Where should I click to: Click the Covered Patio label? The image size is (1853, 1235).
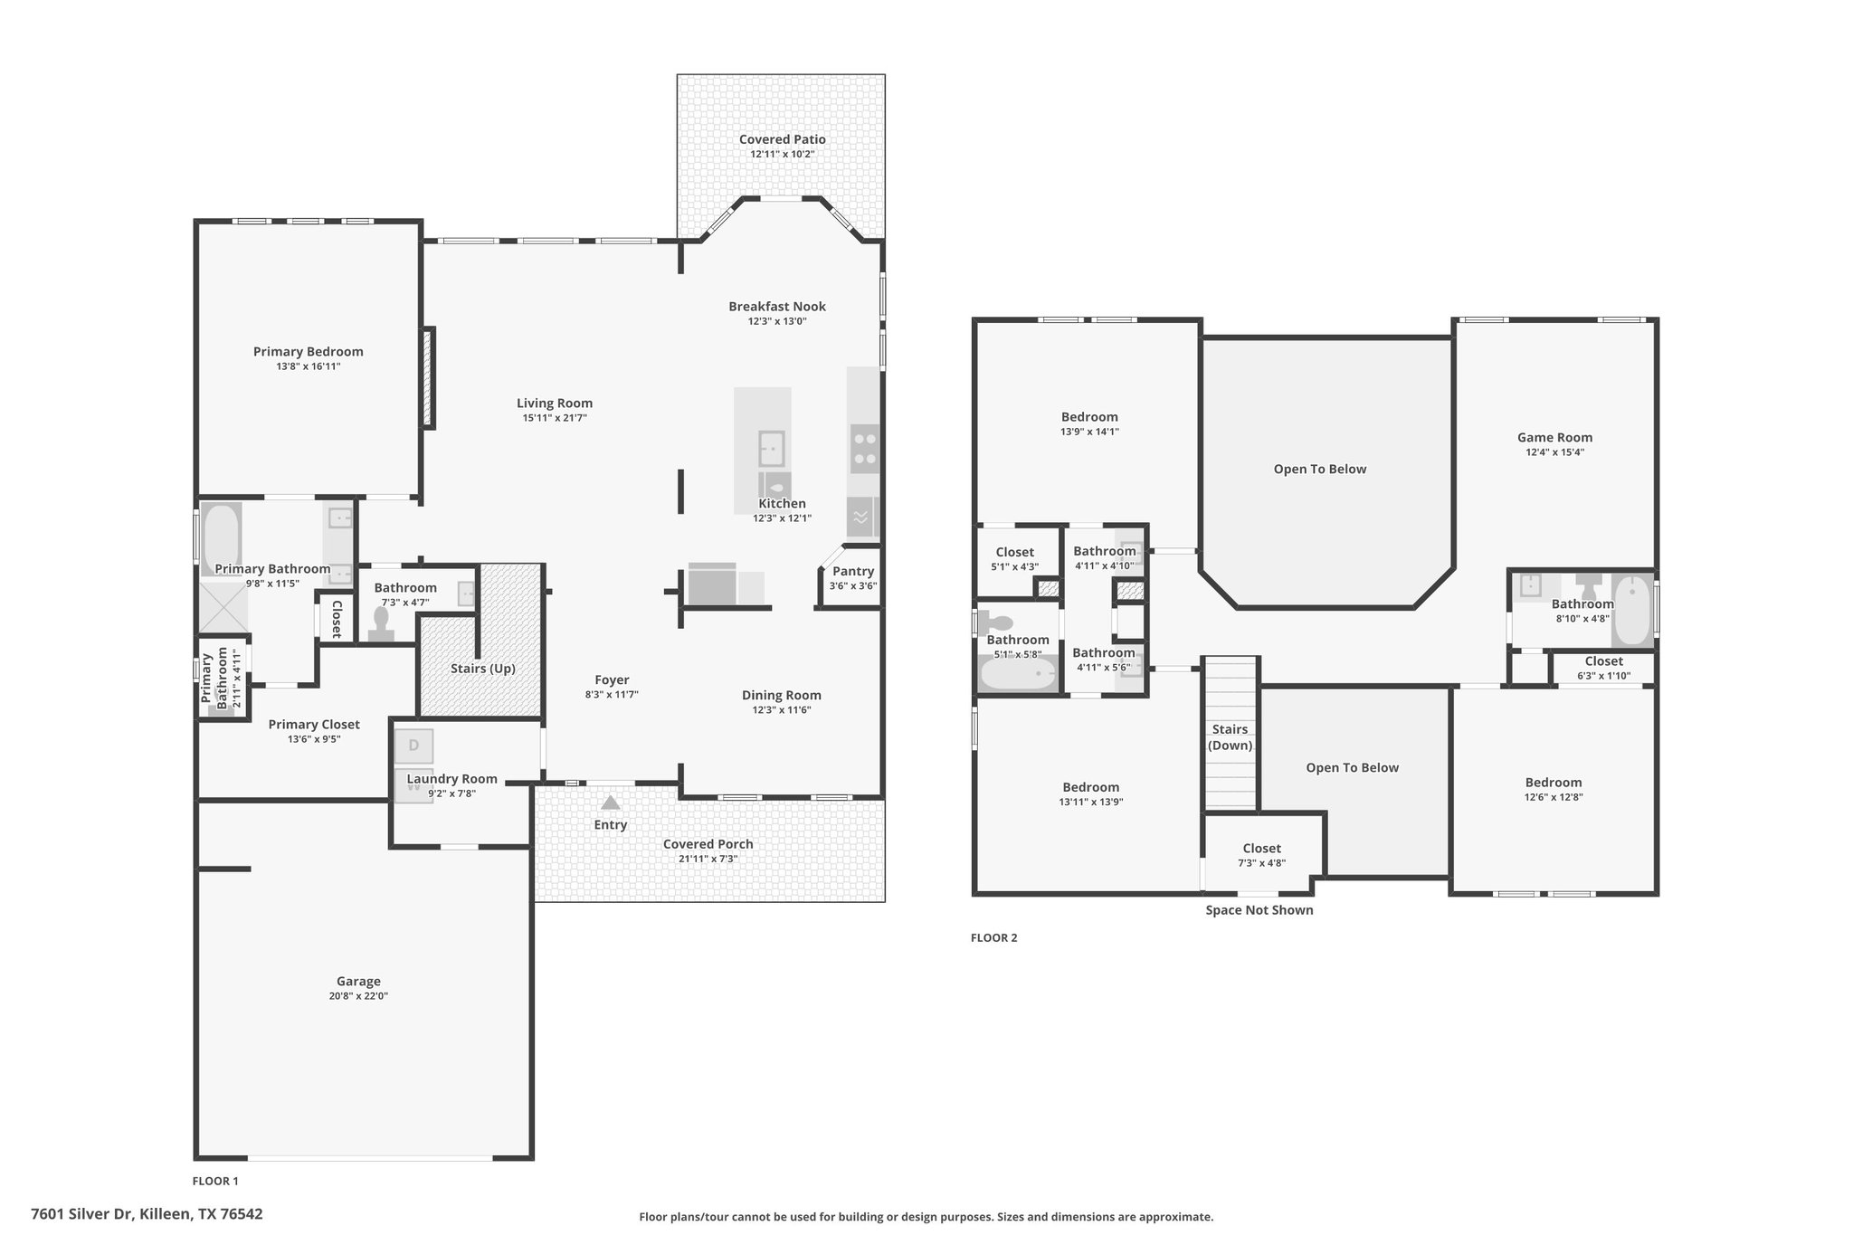click(782, 139)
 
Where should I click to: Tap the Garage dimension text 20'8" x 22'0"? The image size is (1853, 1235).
click(358, 996)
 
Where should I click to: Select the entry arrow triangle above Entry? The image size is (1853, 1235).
click(611, 803)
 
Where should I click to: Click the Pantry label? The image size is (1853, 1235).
click(853, 571)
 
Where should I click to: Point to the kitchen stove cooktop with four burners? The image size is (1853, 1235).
click(865, 449)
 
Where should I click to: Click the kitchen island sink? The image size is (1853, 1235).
click(771, 449)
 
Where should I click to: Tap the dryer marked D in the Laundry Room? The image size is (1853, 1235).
click(413, 746)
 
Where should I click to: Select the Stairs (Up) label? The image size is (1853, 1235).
click(483, 669)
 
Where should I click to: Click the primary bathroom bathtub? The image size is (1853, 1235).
click(221, 539)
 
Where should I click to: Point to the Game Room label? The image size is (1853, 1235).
click(1554, 437)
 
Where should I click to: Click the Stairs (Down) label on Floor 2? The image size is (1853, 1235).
click(1231, 737)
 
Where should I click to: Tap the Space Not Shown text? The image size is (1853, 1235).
click(1259, 910)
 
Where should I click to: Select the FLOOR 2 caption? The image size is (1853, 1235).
click(993, 938)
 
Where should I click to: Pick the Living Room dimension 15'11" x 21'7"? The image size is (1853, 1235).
click(555, 418)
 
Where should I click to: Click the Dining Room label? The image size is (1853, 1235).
click(782, 695)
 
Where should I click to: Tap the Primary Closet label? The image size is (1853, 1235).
click(314, 724)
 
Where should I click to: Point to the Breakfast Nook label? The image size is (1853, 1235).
click(777, 307)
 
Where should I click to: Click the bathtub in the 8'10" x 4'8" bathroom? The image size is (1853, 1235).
click(1632, 610)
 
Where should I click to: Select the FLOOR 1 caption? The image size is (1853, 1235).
click(215, 1181)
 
